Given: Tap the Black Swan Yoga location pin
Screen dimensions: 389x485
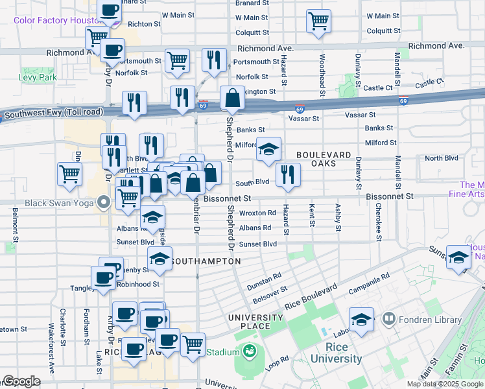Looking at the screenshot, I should pyautogui.click(x=102, y=204).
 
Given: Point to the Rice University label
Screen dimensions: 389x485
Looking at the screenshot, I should pyautogui.click(x=335, y=353).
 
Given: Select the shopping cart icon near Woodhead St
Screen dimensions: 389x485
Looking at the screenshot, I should pyautogui.click(x=318, y=21).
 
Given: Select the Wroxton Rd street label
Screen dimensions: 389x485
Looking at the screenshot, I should pyautogui.click(x=257, y=213).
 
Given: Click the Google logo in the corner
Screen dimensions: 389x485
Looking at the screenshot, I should pyautogui.click(x=21, y=381).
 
